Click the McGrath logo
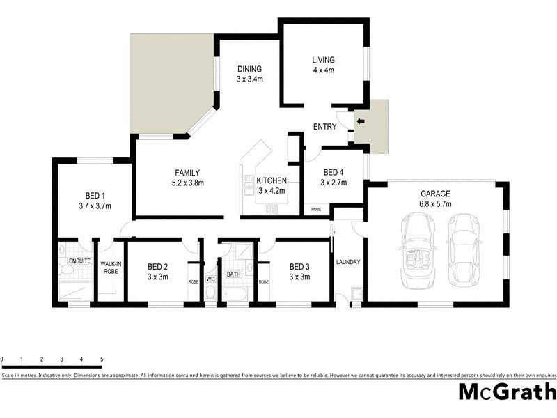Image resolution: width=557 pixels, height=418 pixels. (507, 392)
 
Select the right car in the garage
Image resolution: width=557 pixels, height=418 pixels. (464, 249)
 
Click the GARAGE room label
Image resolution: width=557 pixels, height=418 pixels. (435, 194)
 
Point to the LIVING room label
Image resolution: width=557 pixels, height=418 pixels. (323, 60)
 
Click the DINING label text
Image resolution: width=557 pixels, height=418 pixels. (249, 69)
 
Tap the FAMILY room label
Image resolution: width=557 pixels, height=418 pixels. (188, 173)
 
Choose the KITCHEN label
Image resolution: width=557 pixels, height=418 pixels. (272, 180)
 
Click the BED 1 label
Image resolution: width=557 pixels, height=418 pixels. (95, 195)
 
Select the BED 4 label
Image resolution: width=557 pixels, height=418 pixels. (332, 173)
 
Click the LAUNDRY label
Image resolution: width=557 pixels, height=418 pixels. (347, 262)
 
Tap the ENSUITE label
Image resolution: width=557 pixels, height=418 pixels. (79, 261)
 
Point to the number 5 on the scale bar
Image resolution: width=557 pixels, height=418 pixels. (102, 359)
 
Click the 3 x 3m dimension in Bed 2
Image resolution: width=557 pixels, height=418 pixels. (158, 277)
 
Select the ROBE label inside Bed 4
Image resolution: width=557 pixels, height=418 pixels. (316, 209)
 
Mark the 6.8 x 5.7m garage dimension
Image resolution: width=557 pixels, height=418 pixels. (435, 204)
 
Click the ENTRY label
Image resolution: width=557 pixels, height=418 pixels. (324, 127)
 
